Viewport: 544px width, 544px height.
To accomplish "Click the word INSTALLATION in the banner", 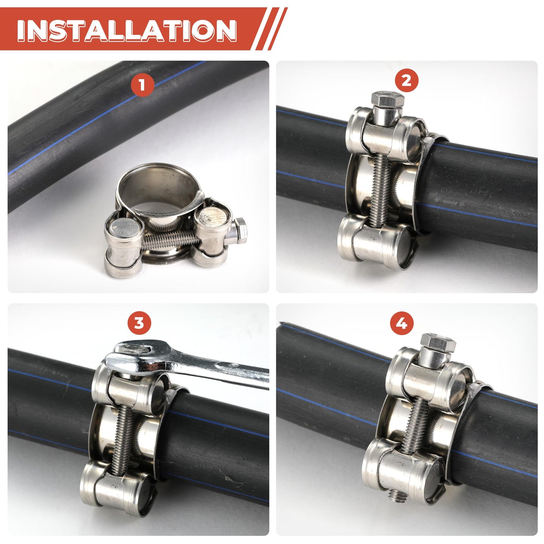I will tap(126, 30).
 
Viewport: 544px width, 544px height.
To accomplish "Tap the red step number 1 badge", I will tap(142, 84).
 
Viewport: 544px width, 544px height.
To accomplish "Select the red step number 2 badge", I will tap(406, 81).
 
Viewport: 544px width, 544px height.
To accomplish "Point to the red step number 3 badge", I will tap(139, 323).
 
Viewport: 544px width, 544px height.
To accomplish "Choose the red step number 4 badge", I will tap(402, 323).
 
